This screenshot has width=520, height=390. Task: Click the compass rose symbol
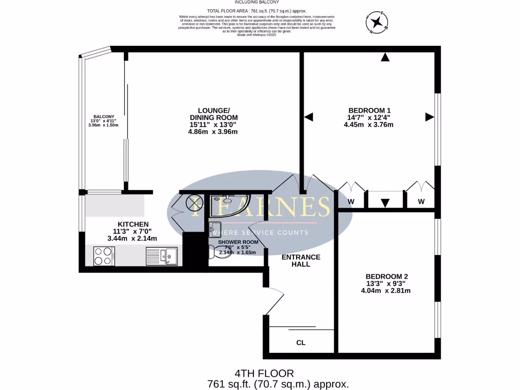pyautogui.click(x=376, y=22)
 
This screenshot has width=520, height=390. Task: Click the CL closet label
pyautogui.click(x=301, y=343)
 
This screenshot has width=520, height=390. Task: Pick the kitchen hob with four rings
pyautogui.click(x=104, y=255)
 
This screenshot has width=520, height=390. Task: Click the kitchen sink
pyautogui.click(x=161, y=256)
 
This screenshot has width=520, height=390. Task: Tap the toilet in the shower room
pyautogui.click(x=222, y=253)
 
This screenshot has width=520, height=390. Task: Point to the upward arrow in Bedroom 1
pyautogui.click(x=385, y=57)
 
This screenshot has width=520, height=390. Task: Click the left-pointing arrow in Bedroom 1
pyautogui.click(x=308, y=117)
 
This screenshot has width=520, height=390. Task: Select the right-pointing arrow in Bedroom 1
pyautogui.click(x=430, y=117)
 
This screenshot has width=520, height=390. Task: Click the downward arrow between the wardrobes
pyautogui.click(x=385, y=203)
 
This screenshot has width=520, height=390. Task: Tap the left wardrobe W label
pyautogui.click(x=350, y=202)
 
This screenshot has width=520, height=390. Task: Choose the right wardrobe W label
pyautogui.click(x=421, y=202)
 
